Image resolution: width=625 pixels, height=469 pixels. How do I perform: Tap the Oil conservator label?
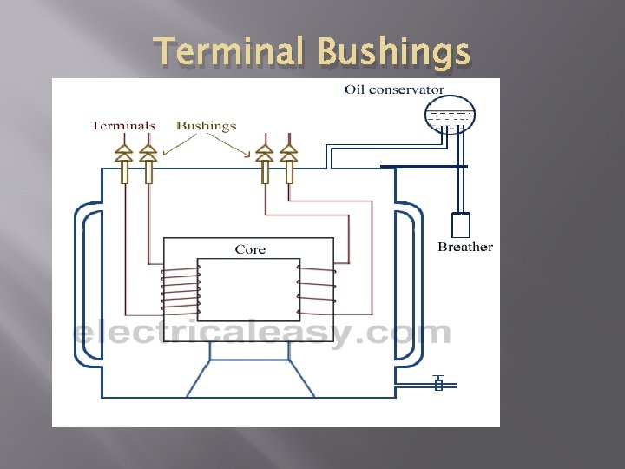tap(394, 89)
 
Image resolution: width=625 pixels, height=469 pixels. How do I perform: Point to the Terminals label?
tap(123, 125)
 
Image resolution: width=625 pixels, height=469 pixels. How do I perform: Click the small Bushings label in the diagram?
tap(207, 125)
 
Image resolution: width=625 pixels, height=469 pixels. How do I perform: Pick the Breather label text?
tap(464, 247)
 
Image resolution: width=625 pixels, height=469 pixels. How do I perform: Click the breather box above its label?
tap(461, 225)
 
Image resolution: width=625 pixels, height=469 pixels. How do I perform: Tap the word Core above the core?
tap(250, 249)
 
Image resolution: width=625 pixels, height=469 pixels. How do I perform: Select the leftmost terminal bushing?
tap(124, 162)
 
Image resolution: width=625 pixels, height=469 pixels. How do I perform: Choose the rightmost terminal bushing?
tap(287, 162)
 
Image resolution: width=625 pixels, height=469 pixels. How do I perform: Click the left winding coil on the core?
tap(181, 291)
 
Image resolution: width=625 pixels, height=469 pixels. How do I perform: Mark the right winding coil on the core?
tap(316, 291)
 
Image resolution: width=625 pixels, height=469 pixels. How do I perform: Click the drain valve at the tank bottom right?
tap(438, 383)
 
